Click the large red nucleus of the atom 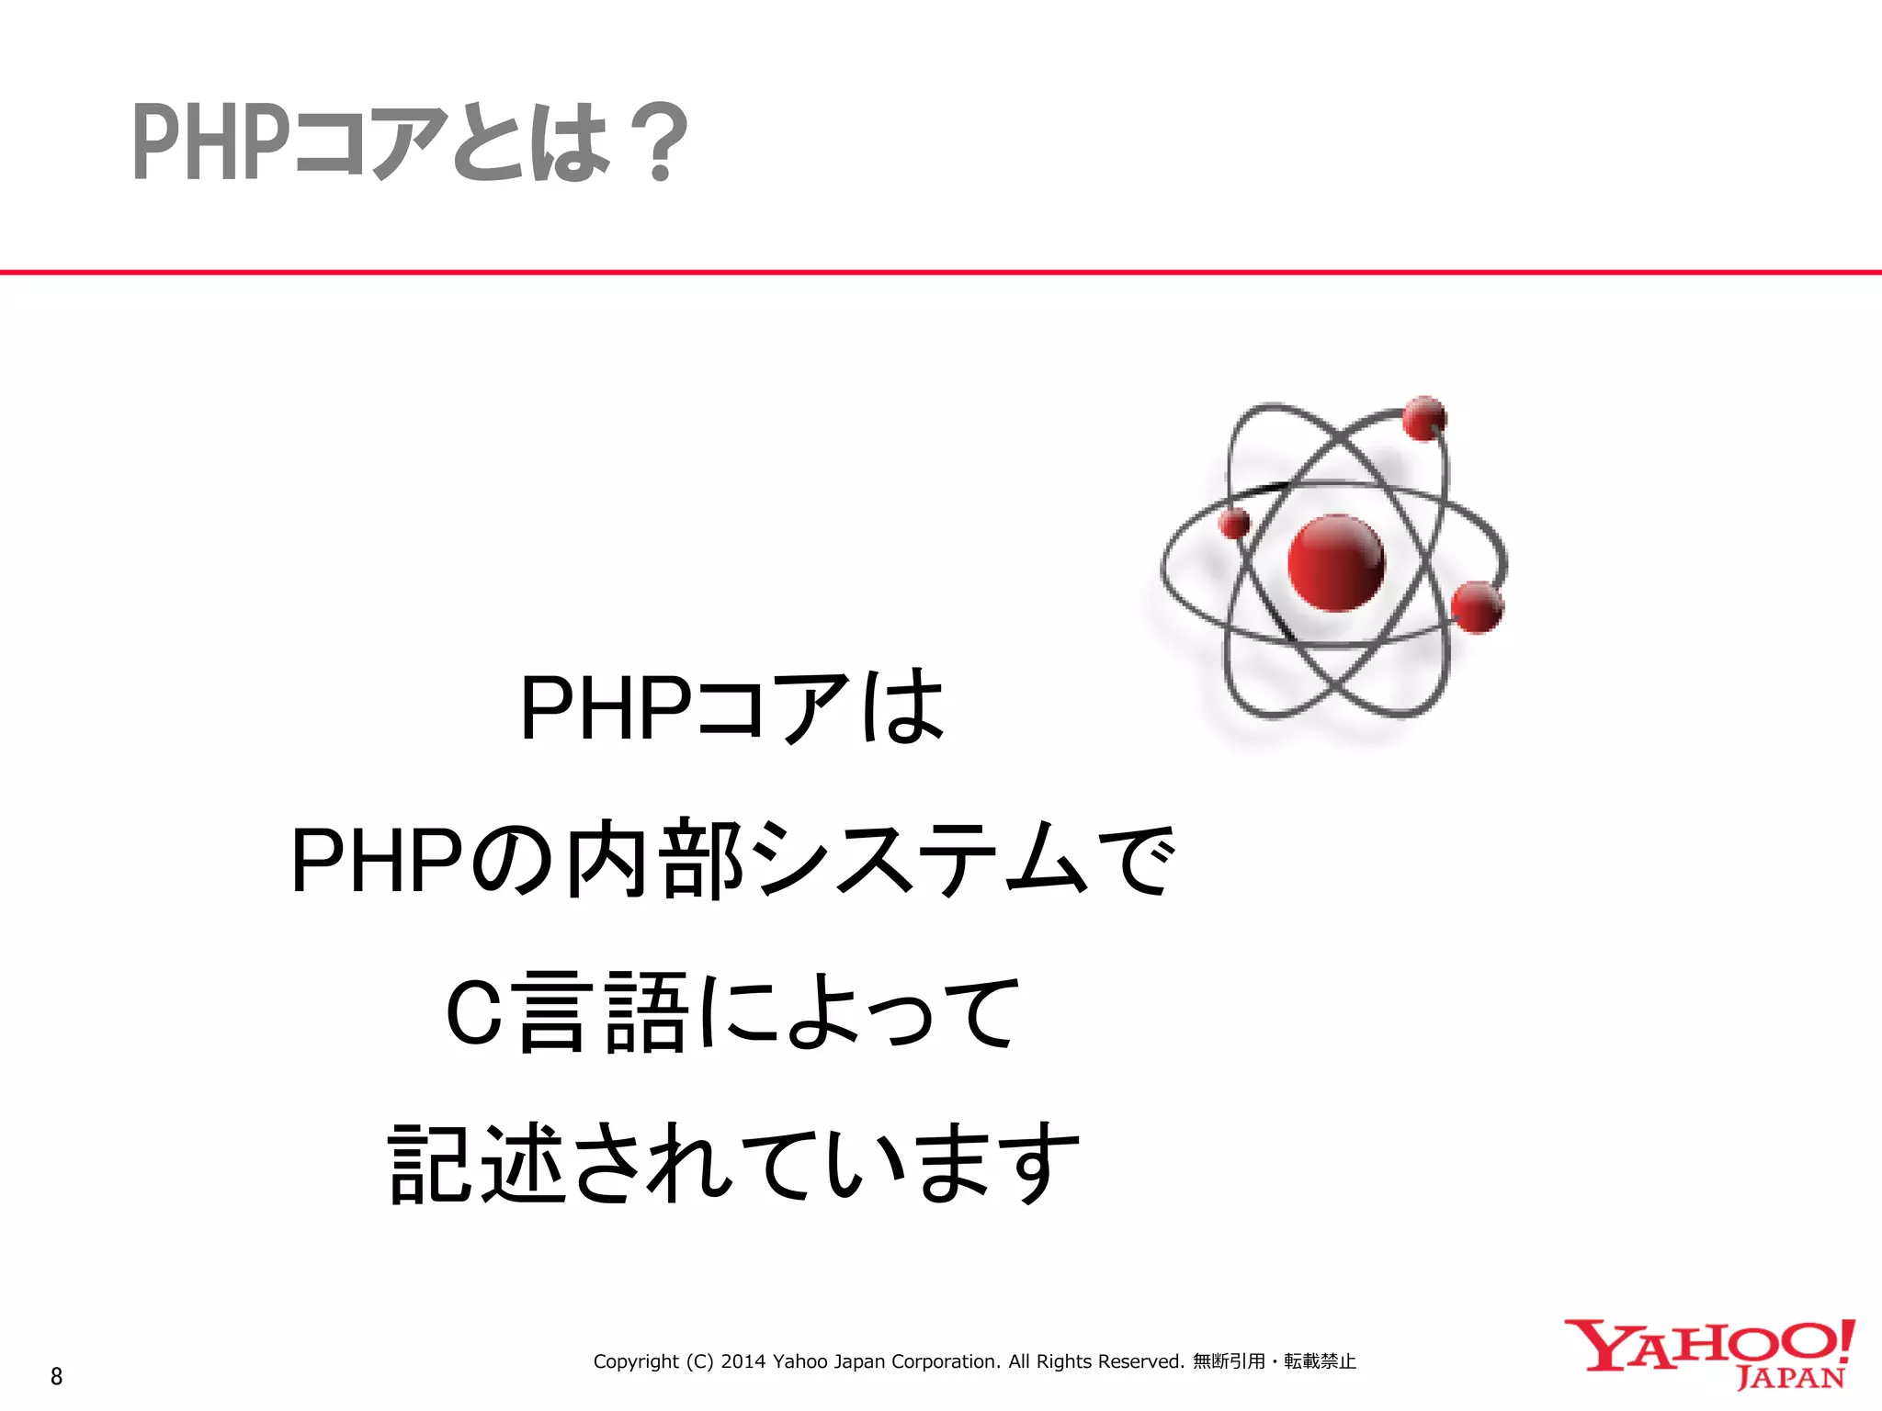pos(1335,562)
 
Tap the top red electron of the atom pos(1423,418)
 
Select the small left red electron pos(1234,524)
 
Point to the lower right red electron pos(1478,607)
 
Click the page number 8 pos(57,1376)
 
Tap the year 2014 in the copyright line pos(743,1361)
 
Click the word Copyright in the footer pos(636,1361)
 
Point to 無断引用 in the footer pos(1229,1361)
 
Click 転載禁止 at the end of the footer pos(1320,1361)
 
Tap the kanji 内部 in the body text pos(654,859)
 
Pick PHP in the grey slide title pos(204,142)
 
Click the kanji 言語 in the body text pos(602,1012)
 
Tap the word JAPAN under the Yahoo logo pos(1790,1378)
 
